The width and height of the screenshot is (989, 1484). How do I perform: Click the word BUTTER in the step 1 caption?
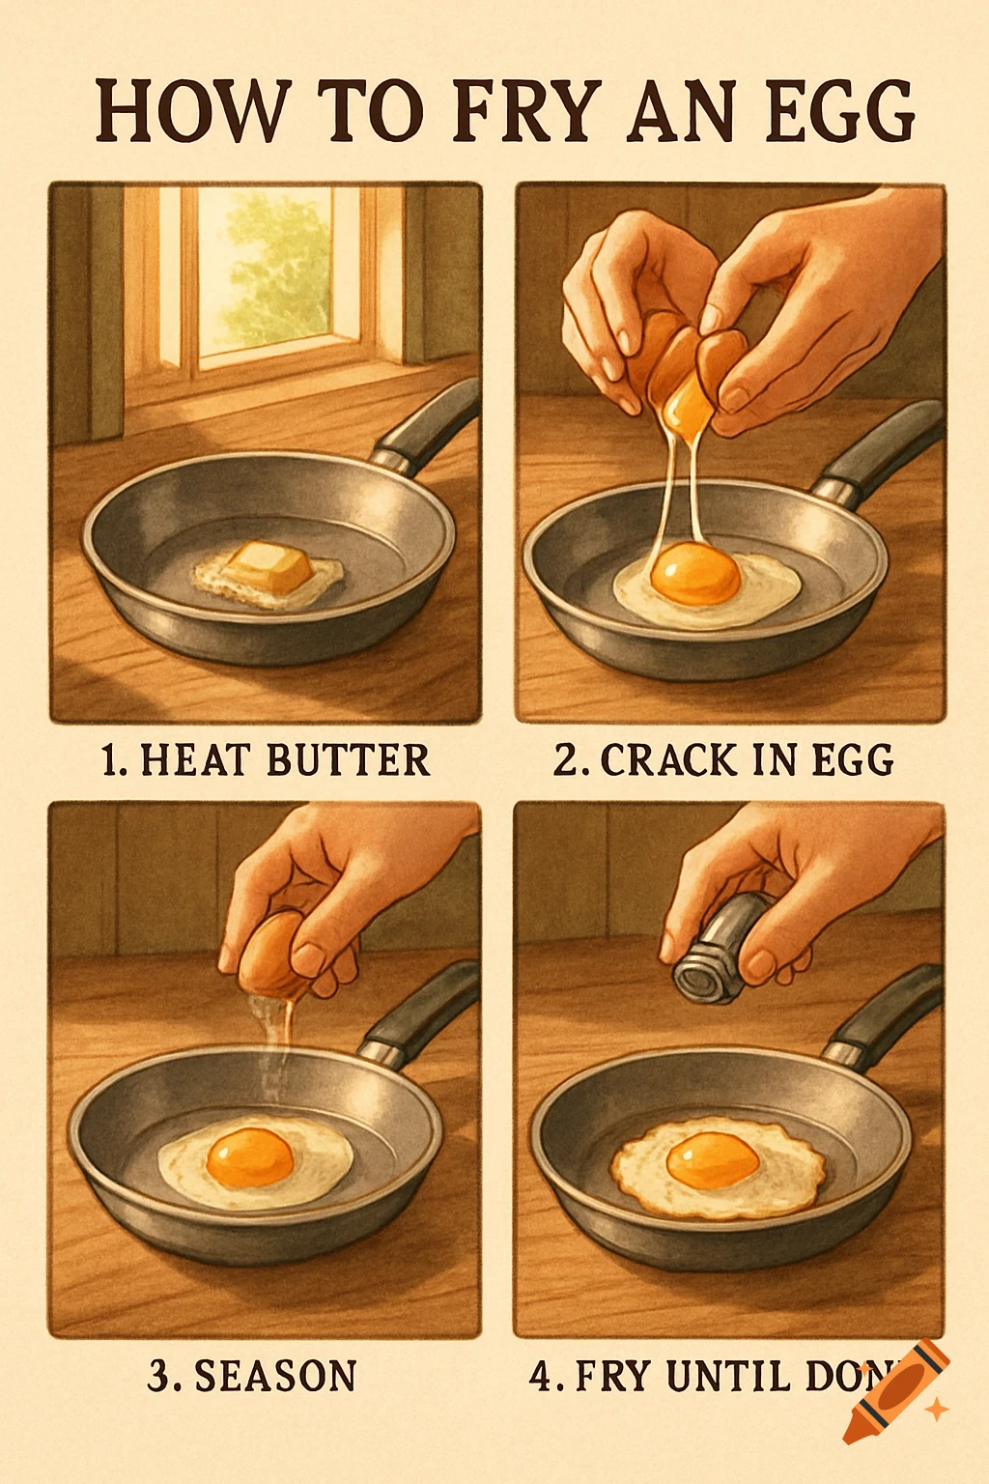[348, 760]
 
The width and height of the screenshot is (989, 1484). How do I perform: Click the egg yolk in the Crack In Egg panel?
[695, 573]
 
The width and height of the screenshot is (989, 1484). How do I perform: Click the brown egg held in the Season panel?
[273, 952]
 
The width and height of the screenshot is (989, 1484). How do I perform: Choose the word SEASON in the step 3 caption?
[275, 1376]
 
